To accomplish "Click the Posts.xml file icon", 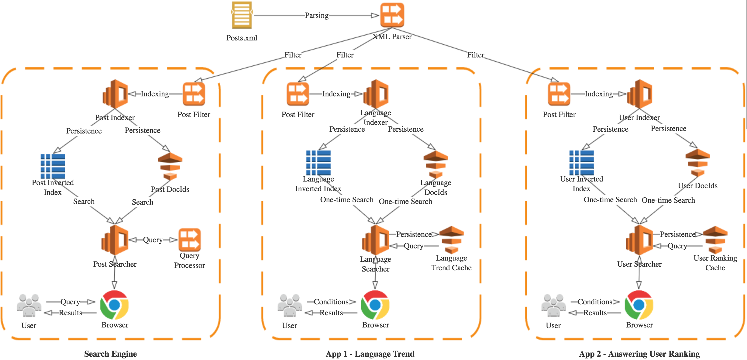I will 242,15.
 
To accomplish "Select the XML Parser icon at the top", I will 392,15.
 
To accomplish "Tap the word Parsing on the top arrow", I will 316,16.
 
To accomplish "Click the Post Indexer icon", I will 115,94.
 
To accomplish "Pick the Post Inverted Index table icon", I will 53,166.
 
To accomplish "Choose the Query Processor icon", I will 190,240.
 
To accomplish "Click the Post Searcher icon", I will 115,240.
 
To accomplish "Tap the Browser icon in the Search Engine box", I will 115,305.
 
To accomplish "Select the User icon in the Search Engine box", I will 29,305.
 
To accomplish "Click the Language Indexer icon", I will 376,94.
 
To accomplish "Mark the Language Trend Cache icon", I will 452,240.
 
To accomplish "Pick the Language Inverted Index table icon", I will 318,163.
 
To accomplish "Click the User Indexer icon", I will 640,94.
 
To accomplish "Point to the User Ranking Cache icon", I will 715,240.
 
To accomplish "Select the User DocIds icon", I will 698,163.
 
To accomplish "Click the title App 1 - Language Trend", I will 370,354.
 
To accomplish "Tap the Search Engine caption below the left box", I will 110,354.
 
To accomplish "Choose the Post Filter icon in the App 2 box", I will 559,94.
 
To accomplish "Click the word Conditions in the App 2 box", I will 595,302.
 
